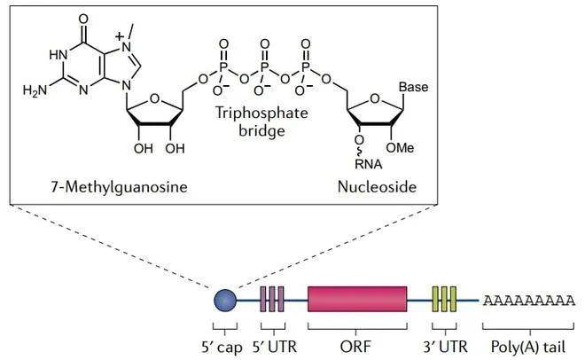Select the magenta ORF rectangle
(357, 301)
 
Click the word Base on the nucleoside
(413, 88)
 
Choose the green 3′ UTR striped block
(443, 301)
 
